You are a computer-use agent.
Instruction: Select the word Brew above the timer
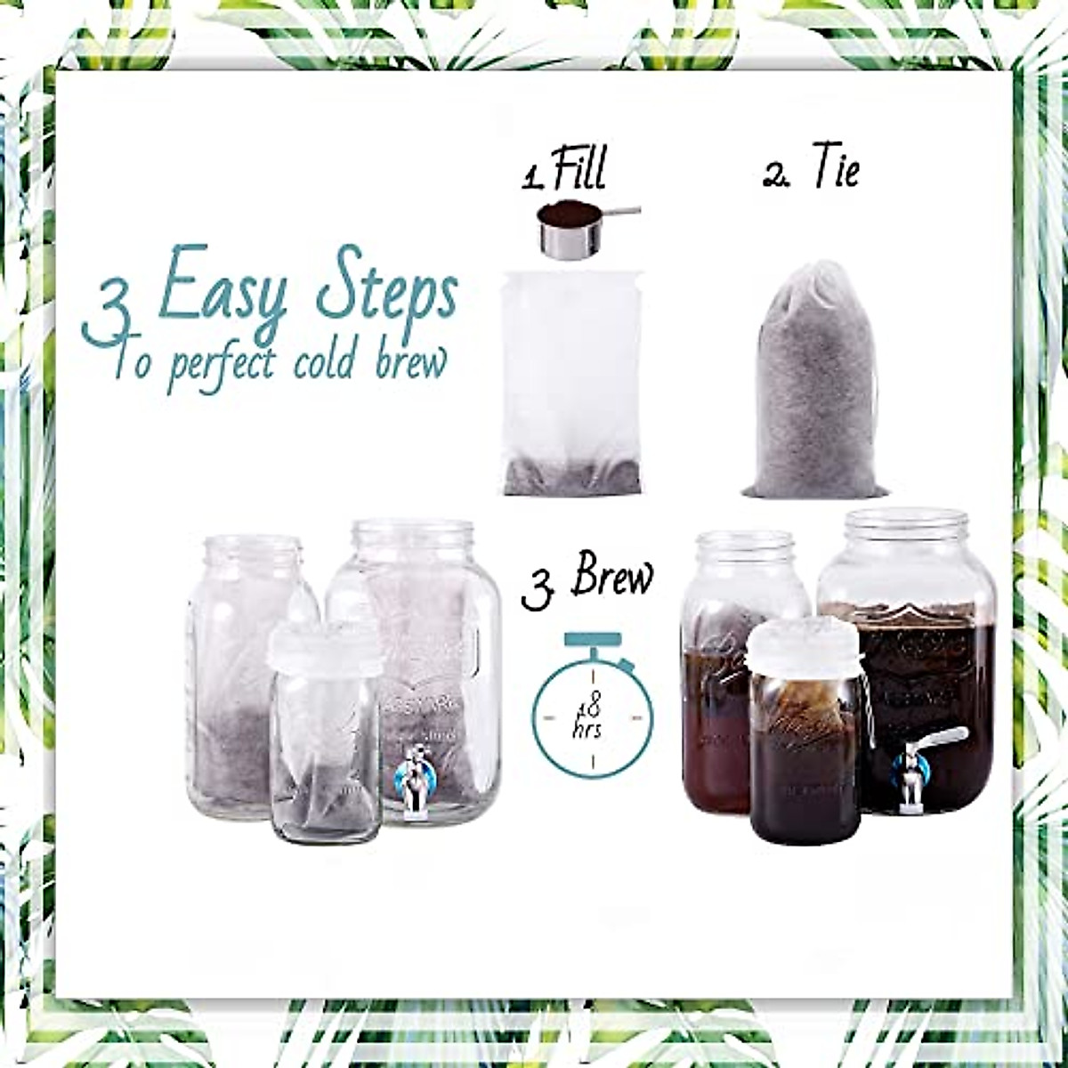[612, 578]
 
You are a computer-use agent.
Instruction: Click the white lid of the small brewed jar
[804, 646]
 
